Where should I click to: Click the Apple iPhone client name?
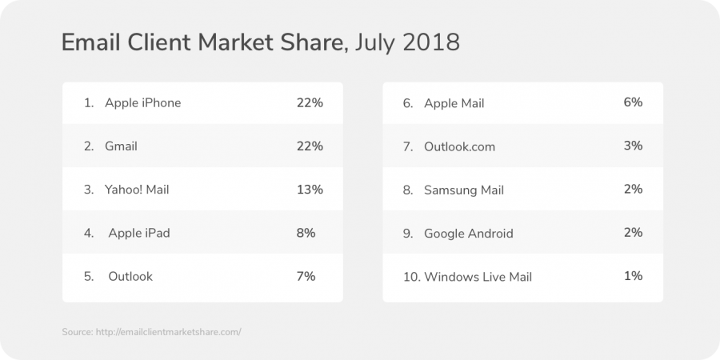click(x=142, y=103)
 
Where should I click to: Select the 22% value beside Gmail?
click(x=309, y=146)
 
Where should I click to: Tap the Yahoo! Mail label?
click(x=137, y=190)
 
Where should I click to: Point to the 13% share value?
click(x=309, y=190)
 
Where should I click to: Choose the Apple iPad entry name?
click(x=139, y=233)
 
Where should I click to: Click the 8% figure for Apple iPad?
click(x=306, y=233)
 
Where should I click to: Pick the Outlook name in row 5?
click(x=130, y=276)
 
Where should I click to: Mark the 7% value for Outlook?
click(x=306, y=276)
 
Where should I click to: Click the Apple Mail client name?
click(x=454, y=103)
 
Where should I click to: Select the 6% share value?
click(x=633, y=102)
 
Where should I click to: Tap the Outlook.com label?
click(x=459, y=146)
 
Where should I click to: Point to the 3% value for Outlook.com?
click(x=633, y=146)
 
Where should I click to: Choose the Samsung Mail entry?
click(x=464, y=190)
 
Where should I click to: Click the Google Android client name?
click(x=469, y=234)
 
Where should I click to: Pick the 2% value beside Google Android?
click(x=633, y=232)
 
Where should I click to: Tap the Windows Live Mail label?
click(x=478, y=277)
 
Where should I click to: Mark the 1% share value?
click(x=633, y=275)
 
